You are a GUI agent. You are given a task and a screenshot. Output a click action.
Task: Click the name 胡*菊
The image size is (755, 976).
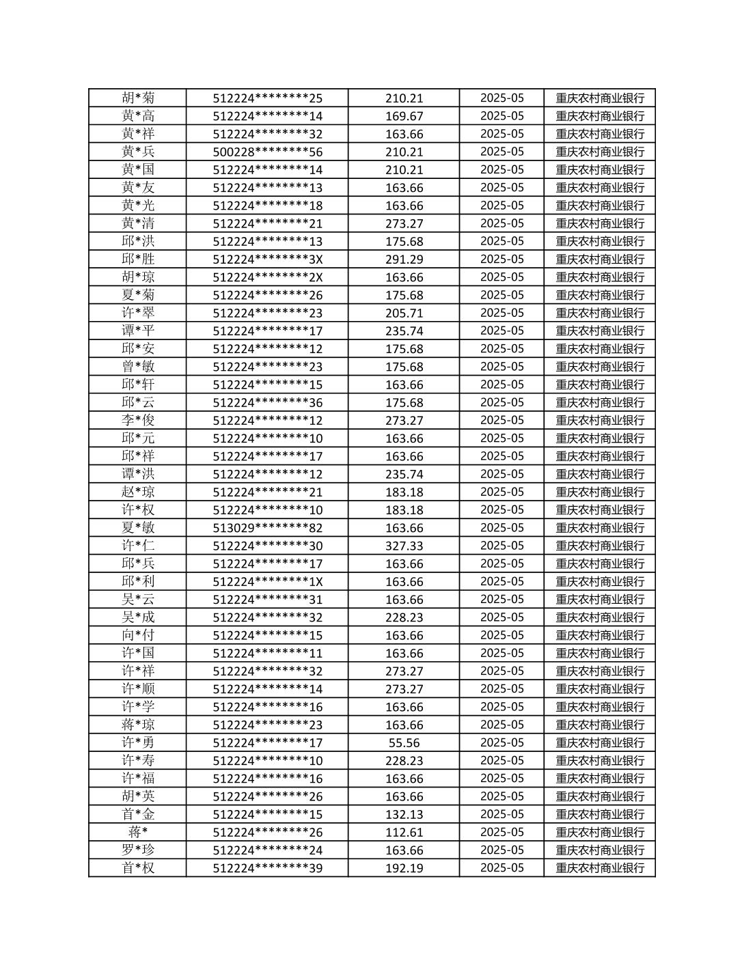(x=138, y=98)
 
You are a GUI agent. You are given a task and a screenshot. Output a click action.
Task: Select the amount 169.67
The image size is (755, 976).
(x=404, y=116)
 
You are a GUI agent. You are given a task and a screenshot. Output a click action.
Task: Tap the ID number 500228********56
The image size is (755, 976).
(x=267, y=152)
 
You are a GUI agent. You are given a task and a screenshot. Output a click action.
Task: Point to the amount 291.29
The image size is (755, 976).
(x=404, y=260)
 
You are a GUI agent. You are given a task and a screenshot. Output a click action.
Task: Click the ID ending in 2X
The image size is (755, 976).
(x=267, y=277)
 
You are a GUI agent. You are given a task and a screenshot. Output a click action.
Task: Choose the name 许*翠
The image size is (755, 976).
(x=138, y=313)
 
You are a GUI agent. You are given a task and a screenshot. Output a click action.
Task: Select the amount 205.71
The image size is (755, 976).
(x=404, y=313)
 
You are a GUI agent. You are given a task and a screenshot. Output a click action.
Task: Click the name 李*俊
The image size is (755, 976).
(x=138, y=420)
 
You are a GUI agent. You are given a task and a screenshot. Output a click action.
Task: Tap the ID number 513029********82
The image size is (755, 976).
(x=267, y=528)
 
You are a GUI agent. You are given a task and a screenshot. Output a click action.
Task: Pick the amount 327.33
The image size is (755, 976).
(x=404, y=546)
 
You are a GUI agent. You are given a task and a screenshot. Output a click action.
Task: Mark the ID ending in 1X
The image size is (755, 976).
(x=267, y=581)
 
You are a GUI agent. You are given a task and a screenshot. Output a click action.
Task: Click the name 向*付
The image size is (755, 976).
(x=138, y=635)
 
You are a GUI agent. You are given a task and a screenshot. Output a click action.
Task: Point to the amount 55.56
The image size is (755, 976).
(x=404, y=742)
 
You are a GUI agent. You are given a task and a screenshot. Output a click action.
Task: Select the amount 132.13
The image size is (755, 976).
(x=404, y=814)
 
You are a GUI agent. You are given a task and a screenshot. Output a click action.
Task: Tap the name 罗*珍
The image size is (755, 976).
(x=138, y=850)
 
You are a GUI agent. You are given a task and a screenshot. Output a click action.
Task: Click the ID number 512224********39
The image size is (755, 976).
(x=267, y=868)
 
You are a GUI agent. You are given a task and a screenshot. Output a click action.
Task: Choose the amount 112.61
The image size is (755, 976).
(x=404, y=832)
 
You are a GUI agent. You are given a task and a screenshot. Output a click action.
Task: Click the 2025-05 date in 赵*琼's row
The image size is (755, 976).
(x=502, y=492)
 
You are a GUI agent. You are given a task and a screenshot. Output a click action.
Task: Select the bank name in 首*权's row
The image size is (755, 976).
(x=599, y=868)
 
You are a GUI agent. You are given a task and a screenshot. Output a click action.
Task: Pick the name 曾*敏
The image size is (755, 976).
(x=138, y=367)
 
